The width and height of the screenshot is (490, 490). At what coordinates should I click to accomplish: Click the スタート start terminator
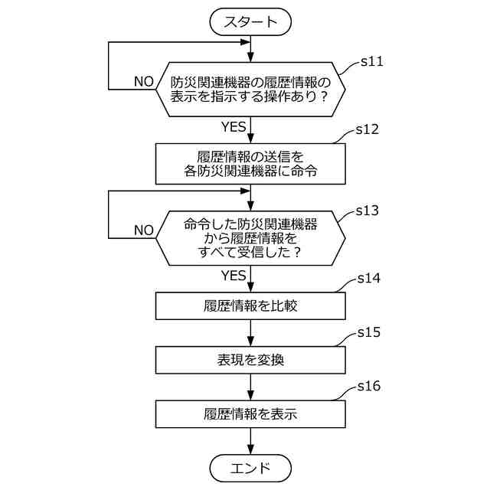(x=250, y=21)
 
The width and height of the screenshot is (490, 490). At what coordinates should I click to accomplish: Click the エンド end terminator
(x=250, y=466)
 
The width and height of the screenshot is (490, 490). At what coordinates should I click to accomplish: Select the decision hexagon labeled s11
(x=250, y=90)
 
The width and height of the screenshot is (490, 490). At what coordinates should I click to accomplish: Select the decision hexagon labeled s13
(x=250, y=238)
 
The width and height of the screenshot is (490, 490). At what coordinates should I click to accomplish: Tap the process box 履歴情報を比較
(x=250, y=306)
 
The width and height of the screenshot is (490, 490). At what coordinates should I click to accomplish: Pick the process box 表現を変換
(x=250, y=359)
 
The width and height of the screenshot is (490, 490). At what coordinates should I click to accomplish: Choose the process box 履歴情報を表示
(x=250, y=414)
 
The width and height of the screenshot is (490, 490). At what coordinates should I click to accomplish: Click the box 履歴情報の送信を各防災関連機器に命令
(x=250, y=164)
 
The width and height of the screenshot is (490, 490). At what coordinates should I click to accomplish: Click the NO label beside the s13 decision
(x=143, y=230)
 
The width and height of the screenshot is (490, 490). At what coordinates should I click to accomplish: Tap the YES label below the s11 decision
(x=234, y=126)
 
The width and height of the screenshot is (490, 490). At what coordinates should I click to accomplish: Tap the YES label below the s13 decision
(x=234, y=275)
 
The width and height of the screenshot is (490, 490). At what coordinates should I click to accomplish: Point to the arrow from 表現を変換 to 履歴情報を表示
(x=250, y=387)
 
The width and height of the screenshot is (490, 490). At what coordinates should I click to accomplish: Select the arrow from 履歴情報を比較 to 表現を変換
(x=250, y=333)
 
